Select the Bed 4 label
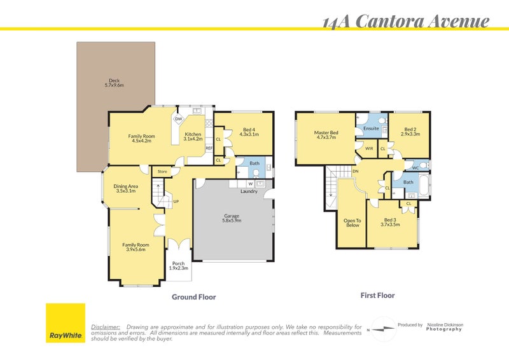(x=249, y=132)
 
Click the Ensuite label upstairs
(x=371, y=128)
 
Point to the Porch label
(x=178, y=266)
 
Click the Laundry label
(x=249, y=191)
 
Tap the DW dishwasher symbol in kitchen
(x=179, y=119)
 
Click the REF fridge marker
(x=208, y=148)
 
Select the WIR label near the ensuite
(x=369, y=148)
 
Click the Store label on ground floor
(x=162, y=171)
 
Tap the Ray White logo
(x=65, y=323)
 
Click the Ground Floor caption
(x=194, y=297)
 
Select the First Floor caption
(x=378, y=296)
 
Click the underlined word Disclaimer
(x=106, y=326)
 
